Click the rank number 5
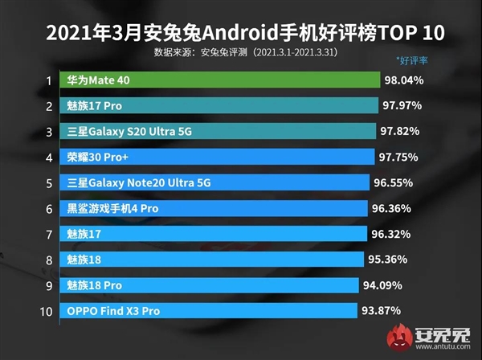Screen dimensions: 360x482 [48, 183]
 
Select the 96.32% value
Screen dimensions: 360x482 [391, 235]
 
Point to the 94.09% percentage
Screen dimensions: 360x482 [382, 285]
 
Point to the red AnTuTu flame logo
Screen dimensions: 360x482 [399, 336]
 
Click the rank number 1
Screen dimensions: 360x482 [48, 80]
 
